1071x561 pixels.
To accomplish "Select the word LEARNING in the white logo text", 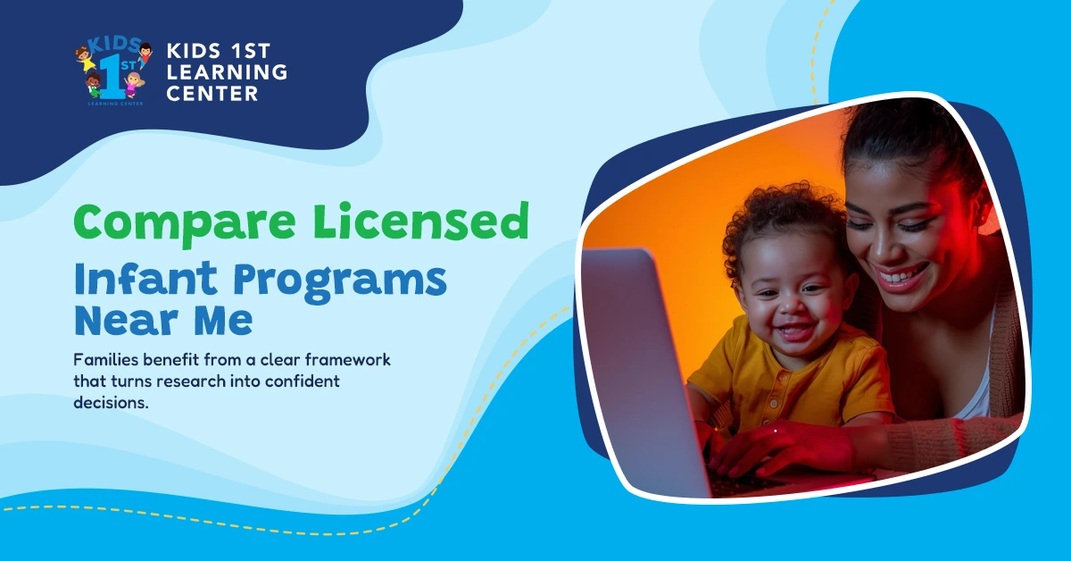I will (x=227, y=71).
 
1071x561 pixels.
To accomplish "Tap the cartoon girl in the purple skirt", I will (x=134, y=85).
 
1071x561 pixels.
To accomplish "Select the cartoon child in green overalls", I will (x=93, y=86).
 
